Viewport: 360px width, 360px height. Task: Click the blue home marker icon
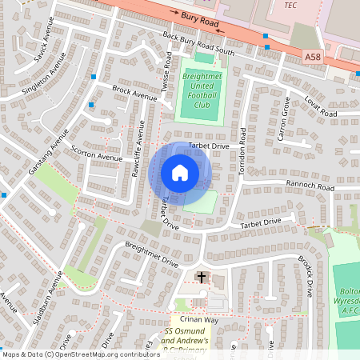(x=180, y=173)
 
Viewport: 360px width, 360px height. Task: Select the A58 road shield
(x=314, y=56)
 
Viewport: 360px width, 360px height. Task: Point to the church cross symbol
(x=201, y=278)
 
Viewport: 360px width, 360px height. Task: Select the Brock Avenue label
(x=134, y=93)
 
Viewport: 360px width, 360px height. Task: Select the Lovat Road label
(x=320, y=105)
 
